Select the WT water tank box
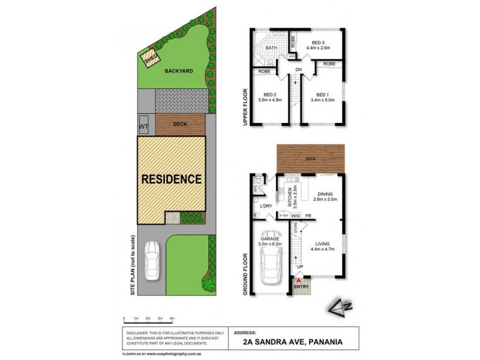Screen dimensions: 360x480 (144, 127)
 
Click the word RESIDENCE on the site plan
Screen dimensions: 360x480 (172, 179)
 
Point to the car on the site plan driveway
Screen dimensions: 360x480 (152, 260)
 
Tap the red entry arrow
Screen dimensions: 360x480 (299, 276)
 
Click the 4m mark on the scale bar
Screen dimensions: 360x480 (173, 318)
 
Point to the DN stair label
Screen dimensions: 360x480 (298, 70)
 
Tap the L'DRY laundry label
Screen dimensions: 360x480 (266, 206)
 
